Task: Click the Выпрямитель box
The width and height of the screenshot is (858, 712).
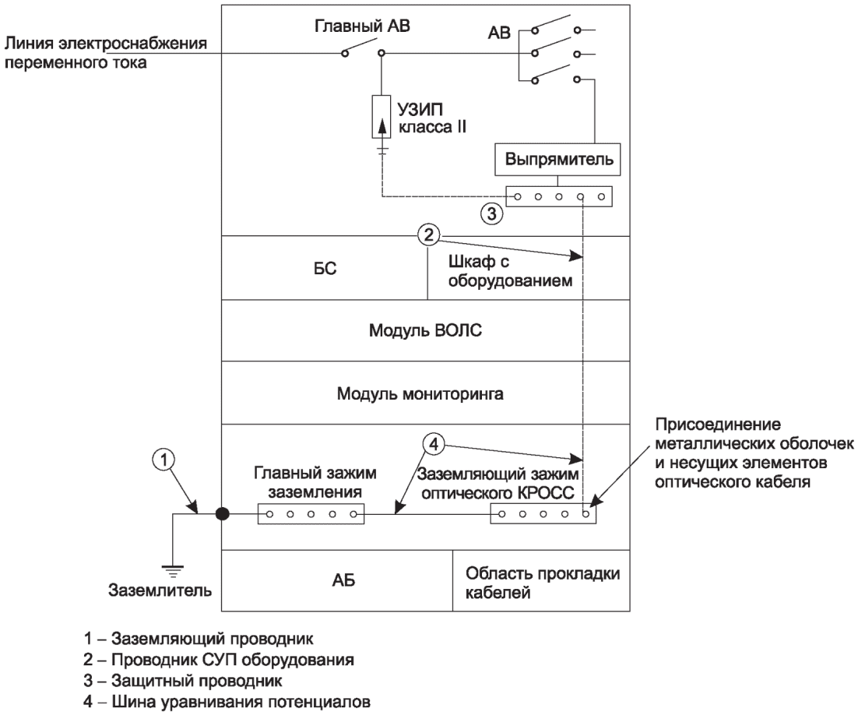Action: click(557, 160)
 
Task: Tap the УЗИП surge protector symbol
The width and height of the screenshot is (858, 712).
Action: click(382, 117)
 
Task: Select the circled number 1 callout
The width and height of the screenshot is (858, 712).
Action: click(164, 460)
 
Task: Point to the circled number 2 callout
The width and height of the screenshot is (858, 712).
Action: click(428, 234)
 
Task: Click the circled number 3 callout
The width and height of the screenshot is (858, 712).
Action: click(492, 213)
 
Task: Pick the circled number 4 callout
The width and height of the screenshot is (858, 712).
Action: click(434, 444)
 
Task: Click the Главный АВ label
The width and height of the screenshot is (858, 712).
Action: click(362, 26)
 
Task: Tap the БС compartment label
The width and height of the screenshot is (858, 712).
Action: click(325, 269)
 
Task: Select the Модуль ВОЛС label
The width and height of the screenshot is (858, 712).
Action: click(425, 330)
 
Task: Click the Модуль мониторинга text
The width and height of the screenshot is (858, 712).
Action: click(420, 393)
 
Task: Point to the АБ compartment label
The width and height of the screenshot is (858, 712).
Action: click(343, 580)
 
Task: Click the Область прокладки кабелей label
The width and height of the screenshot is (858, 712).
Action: click(542, 583)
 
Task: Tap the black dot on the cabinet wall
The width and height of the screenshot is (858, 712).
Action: click(222, 514)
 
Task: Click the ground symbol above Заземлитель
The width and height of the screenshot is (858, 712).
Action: click(174, 572)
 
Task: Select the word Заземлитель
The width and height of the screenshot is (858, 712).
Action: click(160, 590)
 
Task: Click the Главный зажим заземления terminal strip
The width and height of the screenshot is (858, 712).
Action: click(311, 514)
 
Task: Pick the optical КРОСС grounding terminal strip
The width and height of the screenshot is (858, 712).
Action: click(543, 514)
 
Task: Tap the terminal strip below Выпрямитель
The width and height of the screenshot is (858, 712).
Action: click(559, 196)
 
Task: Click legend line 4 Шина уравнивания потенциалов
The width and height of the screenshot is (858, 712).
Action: click(227, 702)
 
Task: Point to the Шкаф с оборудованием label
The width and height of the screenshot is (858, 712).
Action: click(510, 271)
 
